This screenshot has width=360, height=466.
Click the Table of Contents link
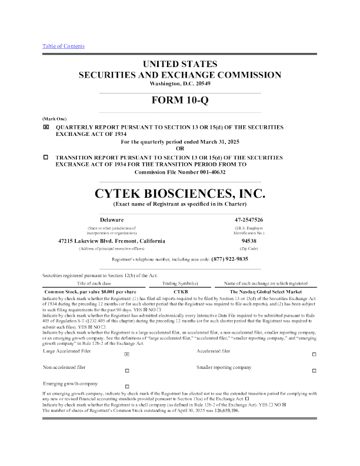tap(63, 46)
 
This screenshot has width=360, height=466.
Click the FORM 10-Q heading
tap(179, 101)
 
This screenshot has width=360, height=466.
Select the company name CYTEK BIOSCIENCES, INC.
tap(180, 193)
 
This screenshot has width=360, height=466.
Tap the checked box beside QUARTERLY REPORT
tap(46, 127)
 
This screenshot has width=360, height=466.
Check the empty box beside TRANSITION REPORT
tap(46, 158)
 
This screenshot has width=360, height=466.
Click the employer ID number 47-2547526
tap(248, 219)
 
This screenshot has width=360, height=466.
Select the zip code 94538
tap(248, 241)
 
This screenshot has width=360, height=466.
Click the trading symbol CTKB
tap(180, 291)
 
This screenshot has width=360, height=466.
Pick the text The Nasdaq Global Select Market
tap(265, 291)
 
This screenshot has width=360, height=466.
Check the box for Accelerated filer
tap(314, 354)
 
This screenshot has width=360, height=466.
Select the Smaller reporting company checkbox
tap(314, 370)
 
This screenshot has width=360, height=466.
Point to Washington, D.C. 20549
tap(179, 84)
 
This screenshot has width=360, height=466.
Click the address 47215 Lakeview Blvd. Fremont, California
tap(104, 241)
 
